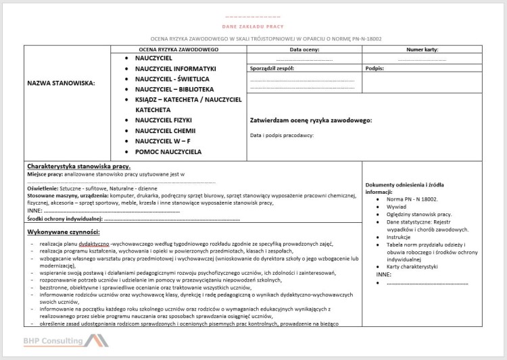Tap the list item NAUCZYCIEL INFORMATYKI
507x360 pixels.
tap(175, 69)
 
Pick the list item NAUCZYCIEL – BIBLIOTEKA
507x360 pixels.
tap(174, 89)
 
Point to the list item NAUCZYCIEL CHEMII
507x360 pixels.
tap(165, 130)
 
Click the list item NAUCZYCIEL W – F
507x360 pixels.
tap(163, 141)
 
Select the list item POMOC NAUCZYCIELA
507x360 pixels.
tap(168, 152)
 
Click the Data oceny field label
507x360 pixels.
tap(304, 50)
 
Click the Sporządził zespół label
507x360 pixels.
tap(272, 68)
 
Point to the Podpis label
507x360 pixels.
tap(375, 68)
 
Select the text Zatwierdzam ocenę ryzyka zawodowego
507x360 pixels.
tap(311, 120)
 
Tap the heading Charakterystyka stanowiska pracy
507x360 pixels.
tap(79, 166)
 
